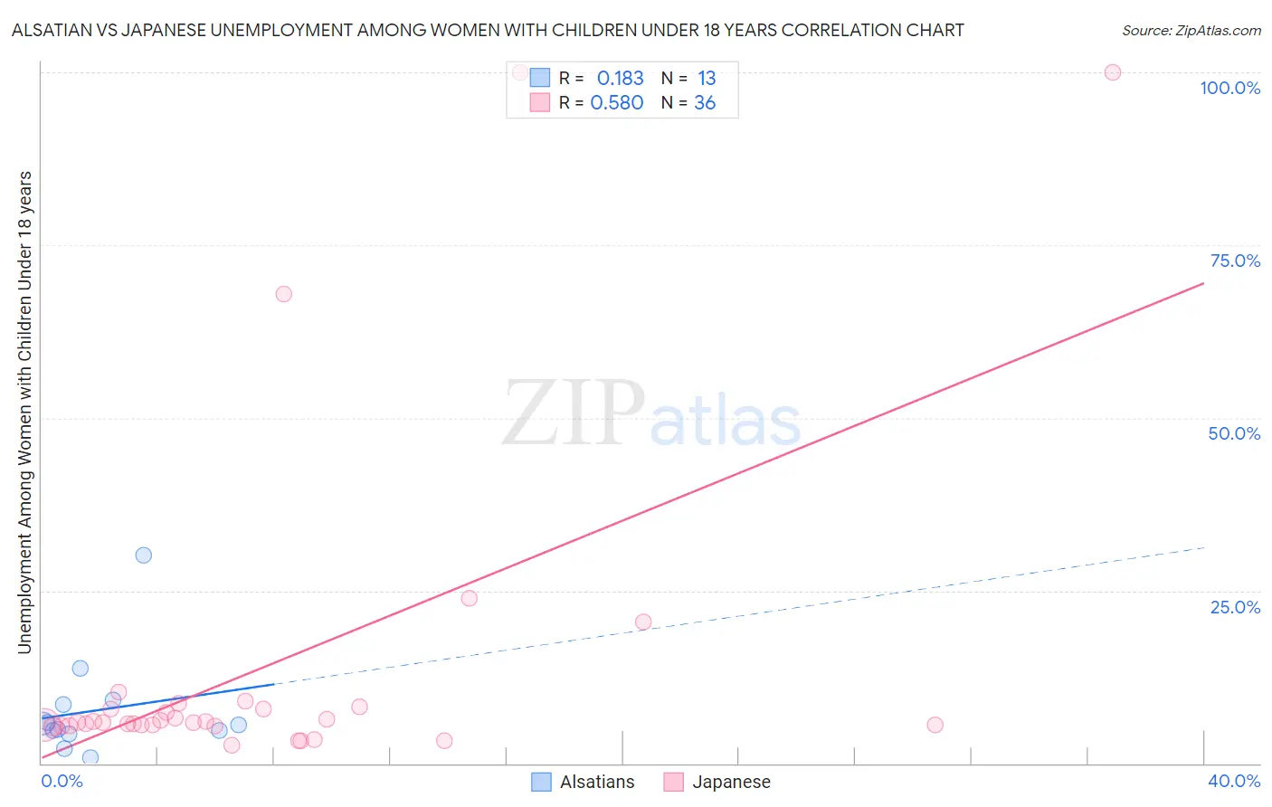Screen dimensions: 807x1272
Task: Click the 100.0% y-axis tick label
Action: point(1229,88)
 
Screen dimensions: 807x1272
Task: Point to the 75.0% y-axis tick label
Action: point(1235,261)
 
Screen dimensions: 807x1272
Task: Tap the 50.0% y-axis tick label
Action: point(1234,433)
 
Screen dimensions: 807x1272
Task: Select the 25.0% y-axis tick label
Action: point(1235,606)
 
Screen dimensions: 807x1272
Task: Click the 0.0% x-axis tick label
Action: point(62,781)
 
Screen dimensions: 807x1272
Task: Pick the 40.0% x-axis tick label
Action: point(1234,781)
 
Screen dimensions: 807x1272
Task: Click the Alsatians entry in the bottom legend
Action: point(596,782)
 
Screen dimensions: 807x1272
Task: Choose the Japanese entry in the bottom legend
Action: point(730,782)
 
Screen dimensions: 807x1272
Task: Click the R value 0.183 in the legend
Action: point(620,79)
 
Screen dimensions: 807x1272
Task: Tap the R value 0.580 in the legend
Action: point(616,103)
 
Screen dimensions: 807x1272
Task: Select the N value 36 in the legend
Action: point(705,103)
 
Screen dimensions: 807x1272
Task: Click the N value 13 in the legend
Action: point(707,79)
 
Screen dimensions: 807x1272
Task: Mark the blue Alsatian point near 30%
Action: point(143,555)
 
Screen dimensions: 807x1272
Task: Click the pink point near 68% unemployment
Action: point(283,294)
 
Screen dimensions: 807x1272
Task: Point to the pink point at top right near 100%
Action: point(1113,72)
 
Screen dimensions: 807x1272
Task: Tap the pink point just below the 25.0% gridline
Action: point(469,598)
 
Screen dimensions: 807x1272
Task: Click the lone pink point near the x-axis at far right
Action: point(935,725)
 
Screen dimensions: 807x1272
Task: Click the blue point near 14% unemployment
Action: point(81,669)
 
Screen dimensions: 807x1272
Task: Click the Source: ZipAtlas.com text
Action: point(1191,30)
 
